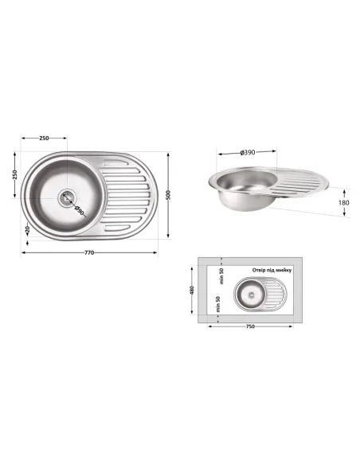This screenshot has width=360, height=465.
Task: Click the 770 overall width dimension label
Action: (x=89, y=253)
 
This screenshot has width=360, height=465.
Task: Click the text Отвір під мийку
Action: (x=272, y=271)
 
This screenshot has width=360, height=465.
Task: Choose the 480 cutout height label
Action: (x=192, y=290)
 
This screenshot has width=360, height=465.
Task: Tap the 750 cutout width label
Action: (x=251, y=326)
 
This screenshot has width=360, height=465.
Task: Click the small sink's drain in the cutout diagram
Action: (x=250, y=293)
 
